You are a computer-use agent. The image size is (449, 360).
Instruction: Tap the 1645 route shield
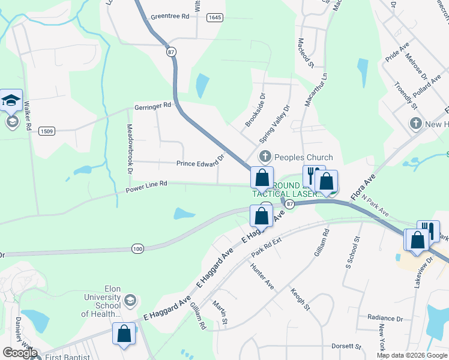(x=214, y=18)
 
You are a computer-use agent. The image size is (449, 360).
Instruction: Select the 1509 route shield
(x=46, y=130)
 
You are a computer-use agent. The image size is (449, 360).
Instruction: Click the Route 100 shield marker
(x=137, y=248)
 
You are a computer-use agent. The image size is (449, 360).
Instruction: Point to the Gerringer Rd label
(x=153, y=105)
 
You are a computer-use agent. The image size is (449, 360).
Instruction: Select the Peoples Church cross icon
(x=265, y=157)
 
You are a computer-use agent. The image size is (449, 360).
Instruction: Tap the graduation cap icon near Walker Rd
(x=11, y=100)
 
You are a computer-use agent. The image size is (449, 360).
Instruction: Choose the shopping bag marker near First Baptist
(x=124, y=334)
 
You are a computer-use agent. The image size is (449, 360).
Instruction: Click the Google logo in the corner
(x=20, y=353)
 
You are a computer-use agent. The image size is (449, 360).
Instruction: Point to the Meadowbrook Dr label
(x=130, y=149)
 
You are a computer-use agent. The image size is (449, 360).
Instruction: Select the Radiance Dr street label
(x=385, y=318)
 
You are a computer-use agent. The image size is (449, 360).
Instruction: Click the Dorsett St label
(x=346, y=346)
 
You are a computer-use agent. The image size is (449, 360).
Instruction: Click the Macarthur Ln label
(x=308, y=90)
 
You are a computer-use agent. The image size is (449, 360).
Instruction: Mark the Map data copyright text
(x=412, y=355)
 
